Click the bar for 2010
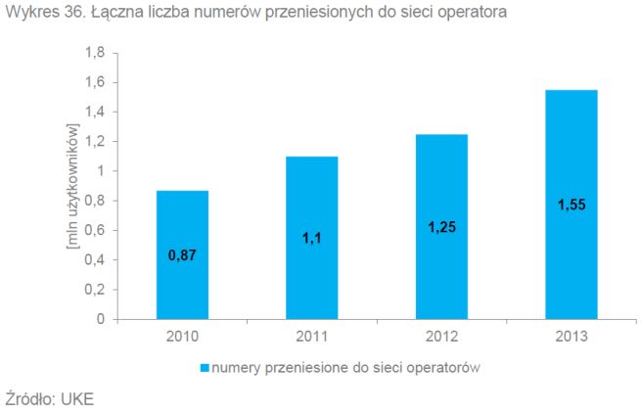[x=182, y=254]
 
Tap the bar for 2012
[x=441, y=226]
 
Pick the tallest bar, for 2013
[x=572, y=205]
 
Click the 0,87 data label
[x=182, y=256]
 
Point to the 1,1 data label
[x=311, y=237]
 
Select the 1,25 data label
[x=442, y=226]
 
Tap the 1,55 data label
[x=572, y=204]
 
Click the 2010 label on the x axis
[x=182, y=337]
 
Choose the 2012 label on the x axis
[x=441, y=337]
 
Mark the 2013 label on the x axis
[x=572, y=337]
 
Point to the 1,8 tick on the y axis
[x=95, y=53]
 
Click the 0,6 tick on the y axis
[x=95, y=231]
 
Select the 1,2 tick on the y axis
[x=95, y=142]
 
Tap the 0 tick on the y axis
[x=101, y=319]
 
